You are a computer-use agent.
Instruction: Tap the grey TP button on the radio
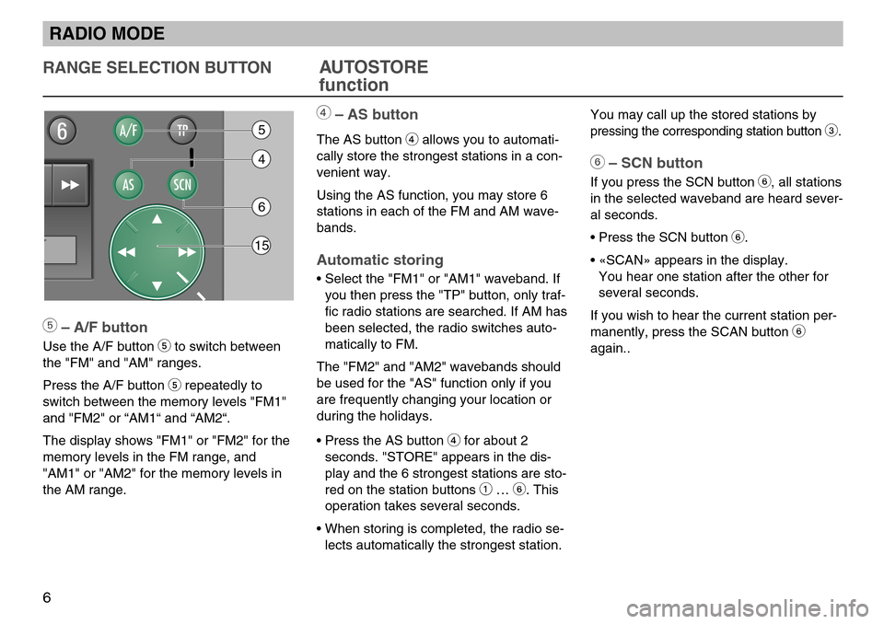182,131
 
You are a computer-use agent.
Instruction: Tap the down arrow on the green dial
157,285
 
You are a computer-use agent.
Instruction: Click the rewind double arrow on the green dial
125,251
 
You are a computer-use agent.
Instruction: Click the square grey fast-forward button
69,184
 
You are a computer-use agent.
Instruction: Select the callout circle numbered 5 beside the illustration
262,129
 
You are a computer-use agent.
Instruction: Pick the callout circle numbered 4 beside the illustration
262,159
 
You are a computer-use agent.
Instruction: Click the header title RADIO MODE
108,35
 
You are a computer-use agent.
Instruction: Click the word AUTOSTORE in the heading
373,67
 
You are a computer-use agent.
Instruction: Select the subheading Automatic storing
379,260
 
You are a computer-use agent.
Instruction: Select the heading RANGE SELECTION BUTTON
156,67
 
